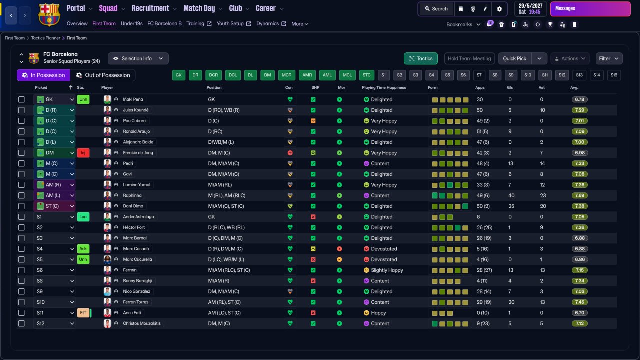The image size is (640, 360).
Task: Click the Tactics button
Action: point(421,58)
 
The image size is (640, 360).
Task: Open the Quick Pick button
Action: point(515,58)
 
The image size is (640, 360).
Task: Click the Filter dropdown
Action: point(609,58)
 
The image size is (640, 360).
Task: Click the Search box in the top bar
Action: point(436,9)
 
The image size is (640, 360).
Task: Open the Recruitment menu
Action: point(153,8)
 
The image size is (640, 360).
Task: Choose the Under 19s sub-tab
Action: point(132,23)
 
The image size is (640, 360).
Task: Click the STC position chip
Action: point(367,75)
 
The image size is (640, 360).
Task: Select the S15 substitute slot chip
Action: point(614,75)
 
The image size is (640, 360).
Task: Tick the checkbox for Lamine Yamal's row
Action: point(21,185)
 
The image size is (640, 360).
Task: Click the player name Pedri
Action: point(128,163)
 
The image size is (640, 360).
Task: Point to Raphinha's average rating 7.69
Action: point(580,195)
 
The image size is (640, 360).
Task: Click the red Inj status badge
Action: point(83,153)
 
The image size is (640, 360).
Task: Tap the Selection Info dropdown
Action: point(138,58)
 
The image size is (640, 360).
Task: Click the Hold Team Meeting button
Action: point(469,58)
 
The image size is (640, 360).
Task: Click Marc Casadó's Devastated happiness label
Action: point(384,249)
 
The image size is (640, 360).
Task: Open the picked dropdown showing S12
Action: point(54,323)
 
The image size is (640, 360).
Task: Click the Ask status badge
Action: point(83,249)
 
